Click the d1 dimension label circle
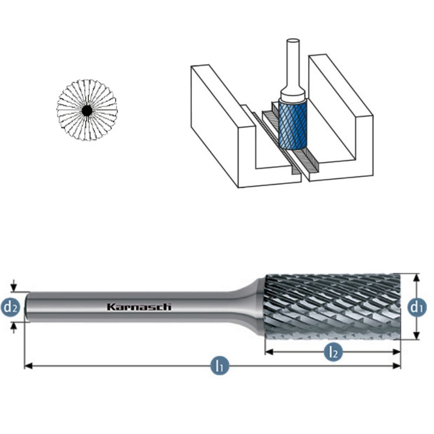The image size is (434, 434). click(x=417, y=307)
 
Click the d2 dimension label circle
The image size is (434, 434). click(x=10, y=307)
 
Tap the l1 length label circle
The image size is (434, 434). click(x=220, y=366)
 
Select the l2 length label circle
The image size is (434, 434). click(x=333, y=352)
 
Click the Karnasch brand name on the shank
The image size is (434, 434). click(x=139, y=307)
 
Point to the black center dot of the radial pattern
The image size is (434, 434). click(x=87, y=111)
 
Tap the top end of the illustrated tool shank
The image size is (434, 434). click(x=293, y=41)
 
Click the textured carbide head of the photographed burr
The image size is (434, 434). click(x=332, y=307)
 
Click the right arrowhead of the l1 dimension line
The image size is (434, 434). click(x=397, y=366)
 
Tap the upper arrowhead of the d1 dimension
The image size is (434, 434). click(x=417, y=278)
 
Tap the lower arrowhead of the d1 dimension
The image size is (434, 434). click(x=417, y=336)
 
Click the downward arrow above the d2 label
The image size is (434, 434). click(x=13, y=286)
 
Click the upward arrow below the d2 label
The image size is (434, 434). click(x=13, y=328)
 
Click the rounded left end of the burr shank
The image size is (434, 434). click(x=27, y=307)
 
